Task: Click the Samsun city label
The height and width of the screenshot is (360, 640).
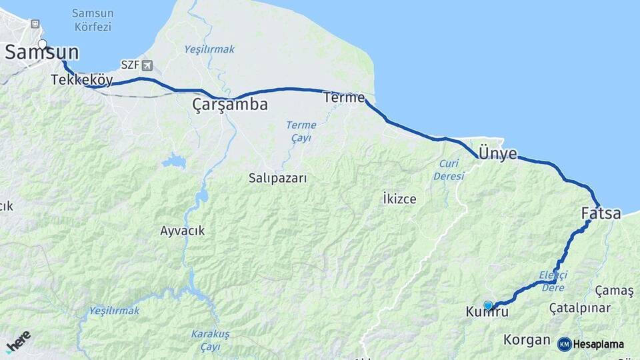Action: (x=42, y=53)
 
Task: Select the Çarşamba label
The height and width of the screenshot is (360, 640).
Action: (x=230, y=105)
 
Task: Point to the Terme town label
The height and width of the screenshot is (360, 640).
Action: (x=344, y=97)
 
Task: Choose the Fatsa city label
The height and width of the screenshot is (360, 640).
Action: (x=601, y=214)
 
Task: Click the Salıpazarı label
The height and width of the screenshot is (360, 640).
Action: (x=277, y=178)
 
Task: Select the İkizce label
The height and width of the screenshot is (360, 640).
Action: (x=399, y=199)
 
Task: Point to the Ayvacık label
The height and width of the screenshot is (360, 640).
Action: (x=182, y=231)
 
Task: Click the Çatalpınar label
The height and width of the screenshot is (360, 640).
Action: (x=580, y=308)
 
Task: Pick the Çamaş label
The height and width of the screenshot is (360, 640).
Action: (x=614, y=291)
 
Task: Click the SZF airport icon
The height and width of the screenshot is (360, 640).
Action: (x=147, y=65)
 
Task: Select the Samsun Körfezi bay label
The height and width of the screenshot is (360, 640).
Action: (x=92, y=20)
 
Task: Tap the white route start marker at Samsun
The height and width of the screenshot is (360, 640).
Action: (x=42, y=45)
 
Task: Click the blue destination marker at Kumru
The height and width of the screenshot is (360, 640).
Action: (x=488, y=305)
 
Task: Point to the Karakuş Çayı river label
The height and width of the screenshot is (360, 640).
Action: (x=210, y=339)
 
